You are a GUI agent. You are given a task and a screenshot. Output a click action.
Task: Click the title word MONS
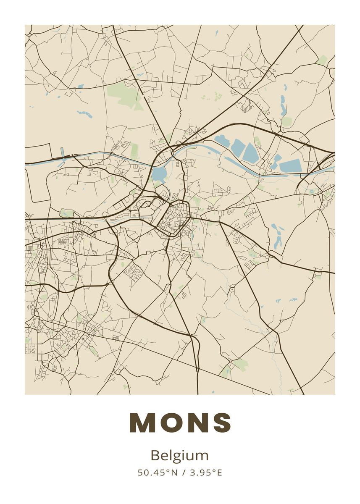coord(180,422)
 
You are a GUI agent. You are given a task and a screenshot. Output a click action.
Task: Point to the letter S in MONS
coord(221,422)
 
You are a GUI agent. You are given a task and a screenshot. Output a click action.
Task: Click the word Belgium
coord(179,456)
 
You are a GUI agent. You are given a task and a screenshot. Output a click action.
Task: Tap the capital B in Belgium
coord(155,455)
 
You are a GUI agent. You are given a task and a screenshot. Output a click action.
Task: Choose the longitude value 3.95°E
coord(206,472)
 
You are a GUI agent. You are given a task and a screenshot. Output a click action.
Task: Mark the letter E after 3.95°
coord(219,472)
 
